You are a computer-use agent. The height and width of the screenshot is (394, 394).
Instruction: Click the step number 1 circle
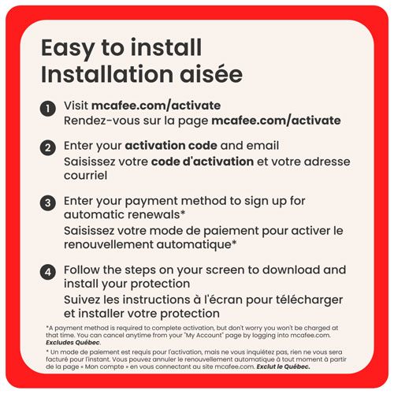tap(48, 109)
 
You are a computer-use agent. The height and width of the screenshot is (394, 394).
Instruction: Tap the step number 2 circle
tap(48, 147)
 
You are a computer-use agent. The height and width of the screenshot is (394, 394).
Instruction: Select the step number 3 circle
tap(48, 203)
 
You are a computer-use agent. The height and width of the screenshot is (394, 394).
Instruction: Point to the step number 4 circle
tap(48, 272)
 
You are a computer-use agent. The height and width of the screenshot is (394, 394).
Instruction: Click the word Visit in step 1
tap(76, 106)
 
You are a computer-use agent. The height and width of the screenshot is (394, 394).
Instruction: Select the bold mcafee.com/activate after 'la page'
tap(276, 121)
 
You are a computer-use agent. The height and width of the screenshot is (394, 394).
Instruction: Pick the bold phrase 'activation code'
tap(171, 146)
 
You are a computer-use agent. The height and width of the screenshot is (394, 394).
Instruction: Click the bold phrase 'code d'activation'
tap(203, 162)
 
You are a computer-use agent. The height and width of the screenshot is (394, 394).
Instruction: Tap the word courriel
tap(86, 176)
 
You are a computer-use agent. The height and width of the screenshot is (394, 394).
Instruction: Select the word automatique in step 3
tap(194, 245)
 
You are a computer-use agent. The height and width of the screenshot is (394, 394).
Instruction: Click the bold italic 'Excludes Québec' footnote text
tap(72, 343)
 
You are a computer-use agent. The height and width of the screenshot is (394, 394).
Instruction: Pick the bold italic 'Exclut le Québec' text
tap(283, 366)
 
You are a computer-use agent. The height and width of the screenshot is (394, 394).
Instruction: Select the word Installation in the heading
tap(107, 74)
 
